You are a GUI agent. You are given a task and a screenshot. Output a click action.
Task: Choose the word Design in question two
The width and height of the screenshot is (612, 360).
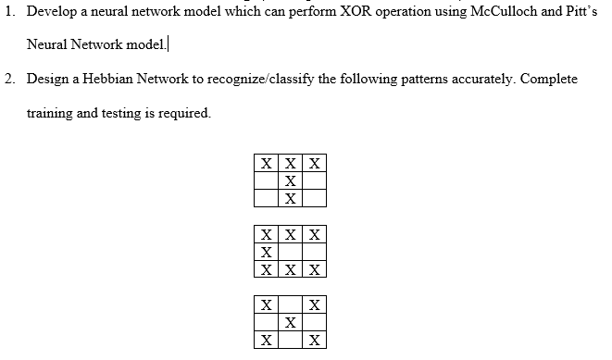tap(46, 79)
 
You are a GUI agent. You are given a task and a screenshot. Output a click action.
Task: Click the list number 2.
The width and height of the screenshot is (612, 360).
tap(8, 79)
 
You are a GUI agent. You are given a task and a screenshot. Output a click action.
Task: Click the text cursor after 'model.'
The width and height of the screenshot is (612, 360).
tap(169, 44)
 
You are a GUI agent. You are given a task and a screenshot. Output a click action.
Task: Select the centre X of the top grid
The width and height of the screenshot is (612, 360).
tap(291, 180)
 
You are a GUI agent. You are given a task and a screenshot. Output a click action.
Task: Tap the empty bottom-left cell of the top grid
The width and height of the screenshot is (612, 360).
tap(266, 198)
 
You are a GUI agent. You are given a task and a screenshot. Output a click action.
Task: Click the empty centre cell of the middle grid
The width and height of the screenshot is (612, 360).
tap(291, 252)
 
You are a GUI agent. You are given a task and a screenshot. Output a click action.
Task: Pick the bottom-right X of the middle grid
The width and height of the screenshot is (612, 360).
tap(315, 269)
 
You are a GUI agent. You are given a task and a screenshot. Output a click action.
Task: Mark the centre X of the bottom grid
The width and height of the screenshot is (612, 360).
tap(291, 322)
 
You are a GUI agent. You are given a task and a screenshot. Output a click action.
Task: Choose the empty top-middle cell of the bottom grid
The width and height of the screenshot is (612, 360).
tap(291, 304)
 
